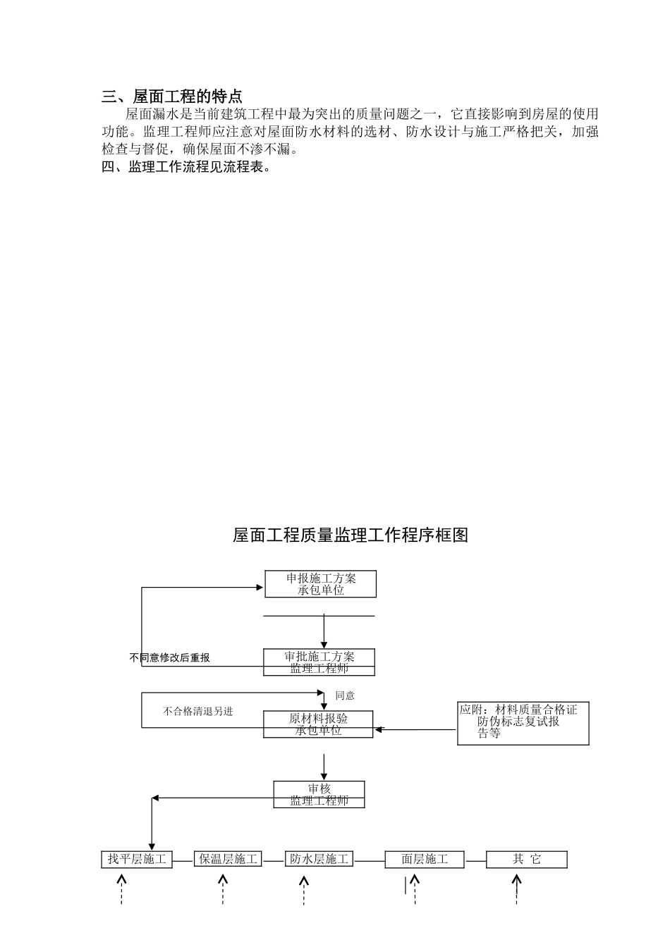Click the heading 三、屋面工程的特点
(172, 97)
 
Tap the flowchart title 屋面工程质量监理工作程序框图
(351, 536)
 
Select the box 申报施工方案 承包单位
(320, 584)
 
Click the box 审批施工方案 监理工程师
(319, 662)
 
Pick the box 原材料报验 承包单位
(318, 724)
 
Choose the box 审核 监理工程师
(319, 794)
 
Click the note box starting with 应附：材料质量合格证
(523, 722)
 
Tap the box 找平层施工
(137, 859)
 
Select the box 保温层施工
(228, 859)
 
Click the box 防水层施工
(319, 859)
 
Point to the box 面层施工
(425, 859)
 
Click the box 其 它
(526, 859)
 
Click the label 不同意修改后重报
(170, 657)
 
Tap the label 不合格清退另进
(197, 711)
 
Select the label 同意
(345, 695)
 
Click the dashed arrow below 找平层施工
(122, 889)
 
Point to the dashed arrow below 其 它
(517, 889)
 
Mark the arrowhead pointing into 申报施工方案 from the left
(258, 588)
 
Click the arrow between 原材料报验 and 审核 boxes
(324, 766)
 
